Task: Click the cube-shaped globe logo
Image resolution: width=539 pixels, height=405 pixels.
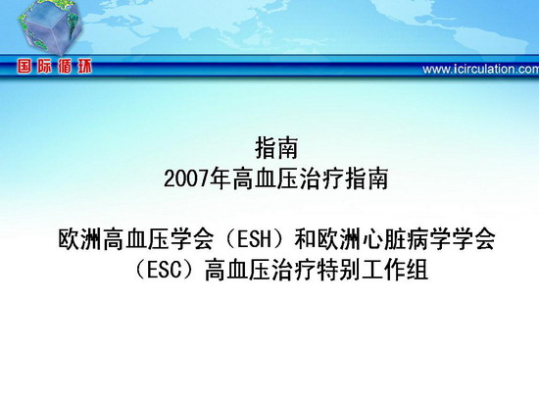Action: (50, 27)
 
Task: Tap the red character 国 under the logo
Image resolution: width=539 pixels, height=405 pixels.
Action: (24, 66)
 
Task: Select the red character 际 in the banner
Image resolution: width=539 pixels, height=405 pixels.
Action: (45, 66)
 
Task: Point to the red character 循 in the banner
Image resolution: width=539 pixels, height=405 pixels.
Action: (65, 66)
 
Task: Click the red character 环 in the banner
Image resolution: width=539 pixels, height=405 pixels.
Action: (84, 66)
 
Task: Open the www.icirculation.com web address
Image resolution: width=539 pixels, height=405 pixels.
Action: (480, 70)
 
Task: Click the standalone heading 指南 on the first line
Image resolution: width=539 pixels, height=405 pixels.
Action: (276, 148)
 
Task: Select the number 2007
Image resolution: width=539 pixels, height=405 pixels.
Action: (186, 178)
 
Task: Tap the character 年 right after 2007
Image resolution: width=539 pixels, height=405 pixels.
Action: (220, 178)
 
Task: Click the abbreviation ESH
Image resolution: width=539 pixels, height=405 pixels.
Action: (255, 239)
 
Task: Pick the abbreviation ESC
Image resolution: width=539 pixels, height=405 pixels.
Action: (164, 270)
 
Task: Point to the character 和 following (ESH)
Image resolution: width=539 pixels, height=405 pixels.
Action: (305, 239)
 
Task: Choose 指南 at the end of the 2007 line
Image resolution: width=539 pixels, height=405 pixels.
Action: (367, 178)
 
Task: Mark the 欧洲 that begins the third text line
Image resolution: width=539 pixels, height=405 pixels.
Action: (79, 239)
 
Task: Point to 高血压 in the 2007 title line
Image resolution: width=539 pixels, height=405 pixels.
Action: (265, 178)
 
